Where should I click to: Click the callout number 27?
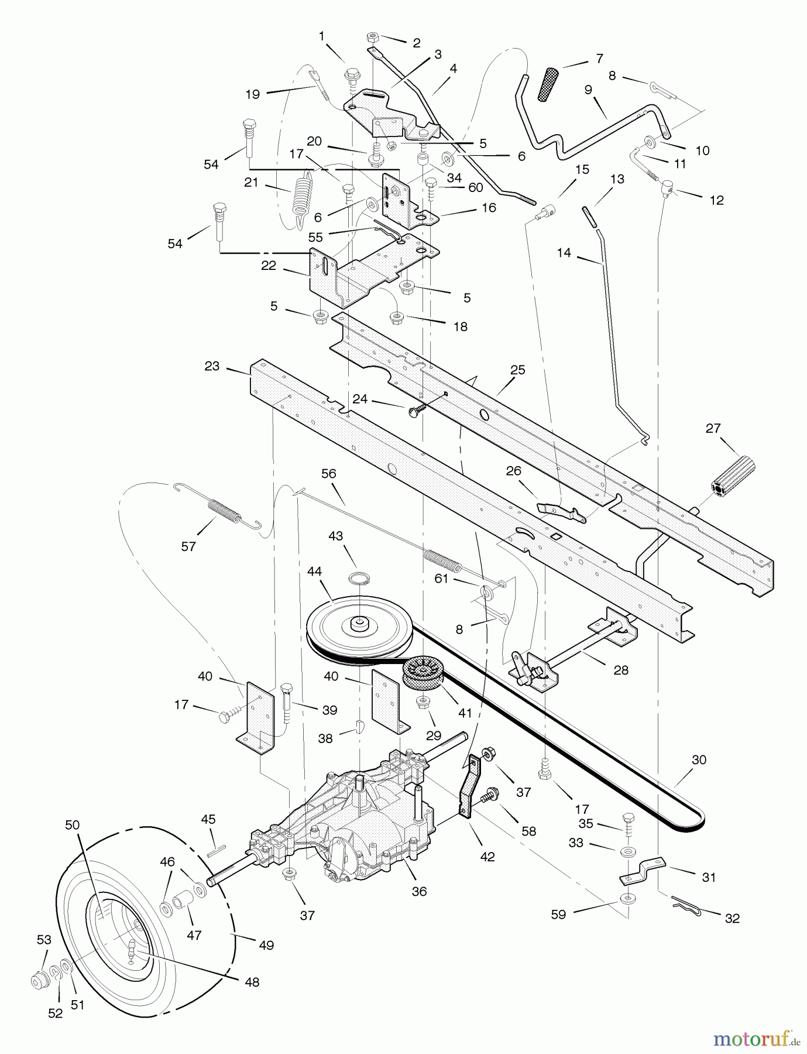(x=713, y=428)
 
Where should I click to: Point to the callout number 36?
(x=419, y=891)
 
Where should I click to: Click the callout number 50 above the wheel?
(x=72, y=824)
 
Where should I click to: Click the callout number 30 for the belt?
(x=699, y=760)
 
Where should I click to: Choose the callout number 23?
(x=212, y=366)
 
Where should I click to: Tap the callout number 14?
(x=564, y=254)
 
